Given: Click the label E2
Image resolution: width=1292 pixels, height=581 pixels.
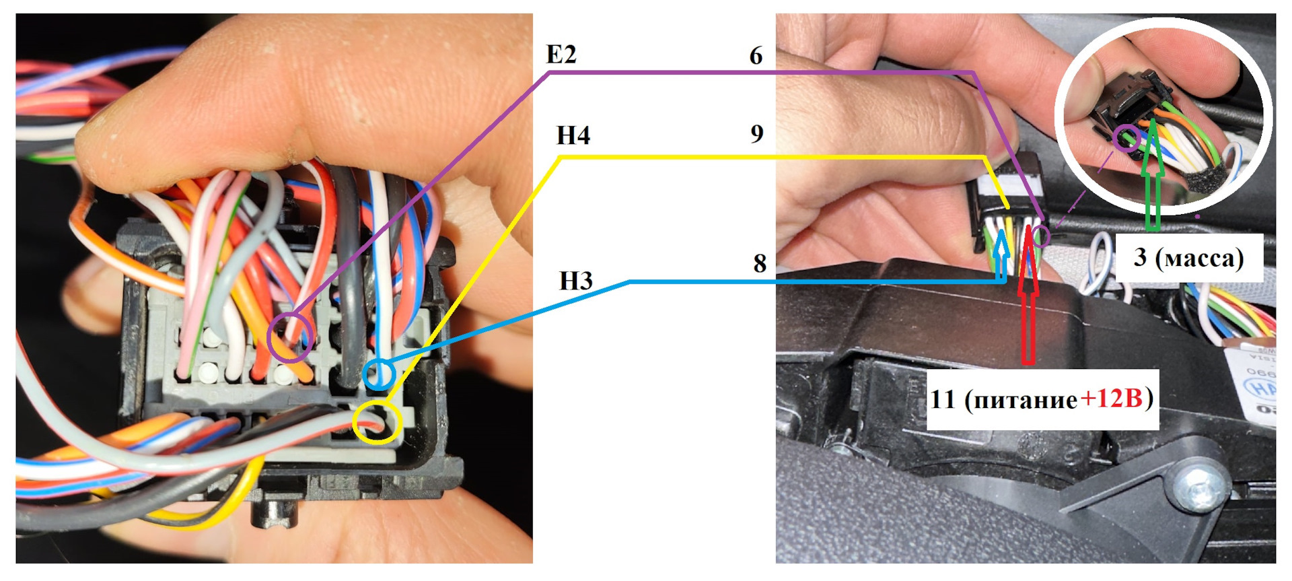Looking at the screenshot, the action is [x=561, y=54].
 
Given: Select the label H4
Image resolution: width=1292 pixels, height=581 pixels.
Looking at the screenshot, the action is [x=573, y=135].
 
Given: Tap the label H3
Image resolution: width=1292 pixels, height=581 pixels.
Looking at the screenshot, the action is [x=575, y=281].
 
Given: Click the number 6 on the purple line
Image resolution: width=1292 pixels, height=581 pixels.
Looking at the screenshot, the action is [x=756, y=56].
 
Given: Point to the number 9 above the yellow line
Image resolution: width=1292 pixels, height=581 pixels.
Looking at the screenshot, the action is [x=757, y=134].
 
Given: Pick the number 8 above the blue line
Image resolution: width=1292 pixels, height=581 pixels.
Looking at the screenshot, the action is [x=760, y=263].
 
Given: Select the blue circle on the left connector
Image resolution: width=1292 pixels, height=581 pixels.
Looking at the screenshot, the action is [x=378, y=374].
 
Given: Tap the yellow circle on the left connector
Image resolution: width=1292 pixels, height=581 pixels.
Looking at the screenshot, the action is [x=378, y=422].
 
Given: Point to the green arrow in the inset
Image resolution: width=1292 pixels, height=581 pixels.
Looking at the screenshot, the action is [x=1153, y=178].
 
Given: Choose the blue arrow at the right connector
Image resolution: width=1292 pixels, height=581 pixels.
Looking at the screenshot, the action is [x=1001, y=256].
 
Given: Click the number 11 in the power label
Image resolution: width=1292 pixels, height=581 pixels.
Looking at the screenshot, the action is [x=943, y=399].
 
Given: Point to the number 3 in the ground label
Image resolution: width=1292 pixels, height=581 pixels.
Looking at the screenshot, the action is [x=1140, y=257].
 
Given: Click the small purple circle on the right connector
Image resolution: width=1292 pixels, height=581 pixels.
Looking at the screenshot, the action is [x=1041, y=236].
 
